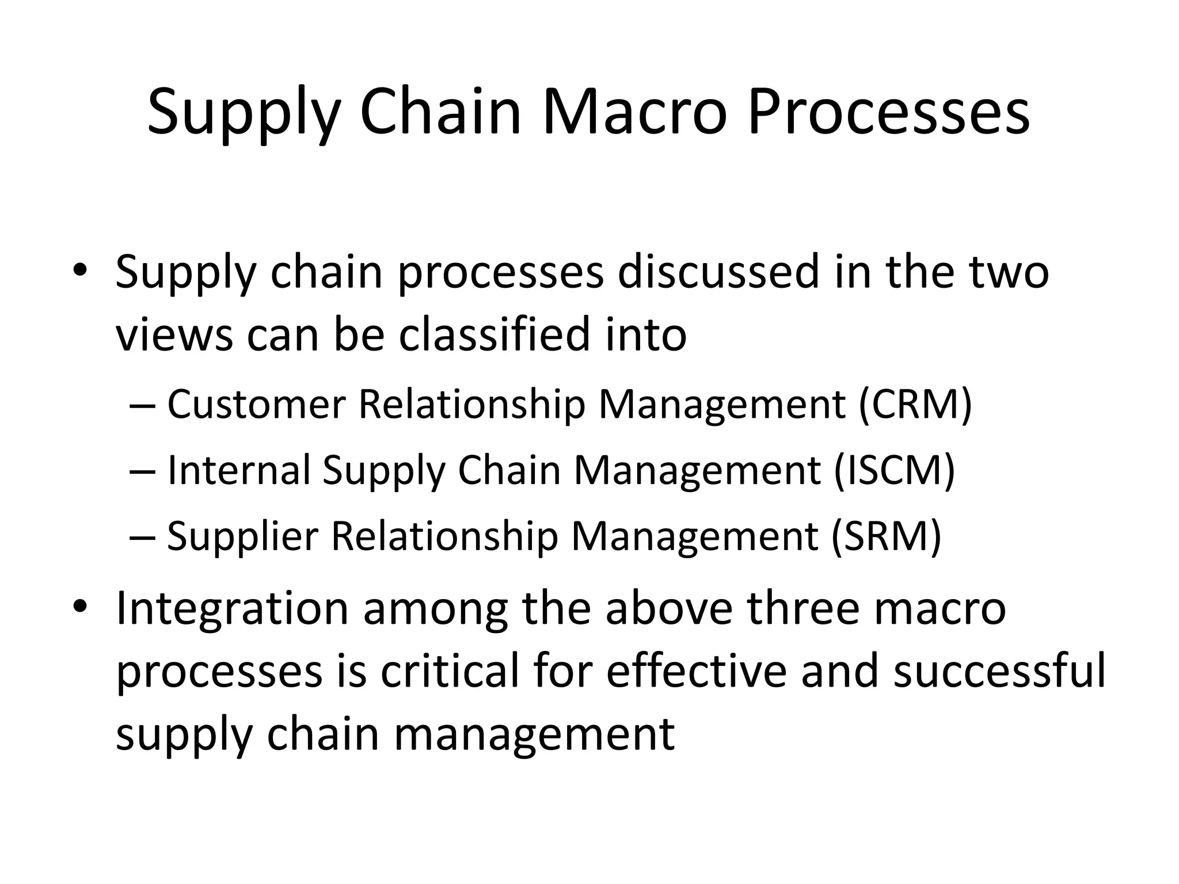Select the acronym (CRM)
pos(915,404)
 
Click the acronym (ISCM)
pos(894,470)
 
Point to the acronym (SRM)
pos(886,536)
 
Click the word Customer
pos(256,404)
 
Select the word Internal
pos(238,470)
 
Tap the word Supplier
pos(242,536)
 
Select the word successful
pos(999,672)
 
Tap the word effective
pos(696,672)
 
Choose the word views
pos(174,336)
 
